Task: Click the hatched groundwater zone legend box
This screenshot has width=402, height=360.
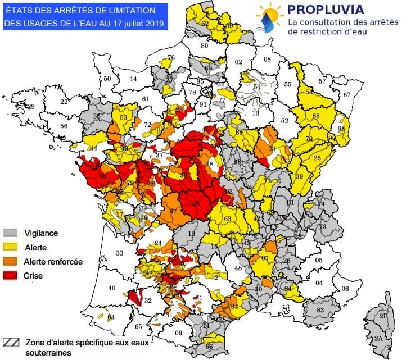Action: [x=10, y=341]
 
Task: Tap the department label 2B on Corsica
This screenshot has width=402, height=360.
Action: [x=383, y=317]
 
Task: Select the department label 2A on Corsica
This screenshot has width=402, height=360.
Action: [x=378, y=339]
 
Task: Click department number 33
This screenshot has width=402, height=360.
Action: [x=119, y=253]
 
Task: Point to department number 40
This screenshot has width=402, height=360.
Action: [x=112, y=288]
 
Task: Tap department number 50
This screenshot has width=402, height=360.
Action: [x=107, y=79]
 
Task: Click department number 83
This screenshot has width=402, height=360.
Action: [x=320, y=309]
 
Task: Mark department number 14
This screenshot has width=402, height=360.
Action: [x=133, y=79]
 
